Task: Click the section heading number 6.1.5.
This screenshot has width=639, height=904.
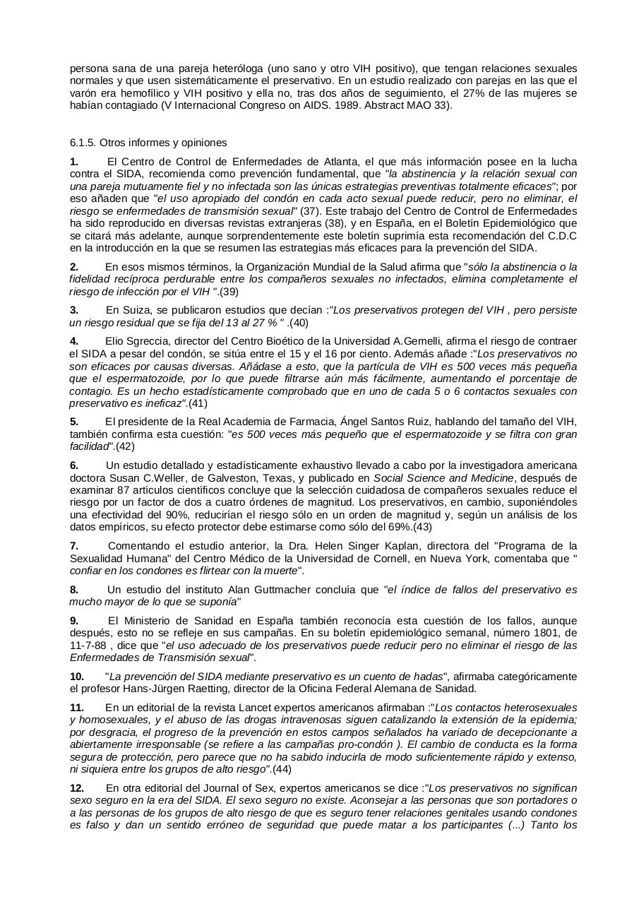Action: click(x=83, y=142)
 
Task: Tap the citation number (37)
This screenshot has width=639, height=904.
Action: click(x=310, y=211)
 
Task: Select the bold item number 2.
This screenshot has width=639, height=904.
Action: click(x=74, y=266)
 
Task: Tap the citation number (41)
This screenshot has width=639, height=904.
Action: click(x=198, y=403)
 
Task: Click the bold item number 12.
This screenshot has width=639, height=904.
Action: click(x=77, y=787)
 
